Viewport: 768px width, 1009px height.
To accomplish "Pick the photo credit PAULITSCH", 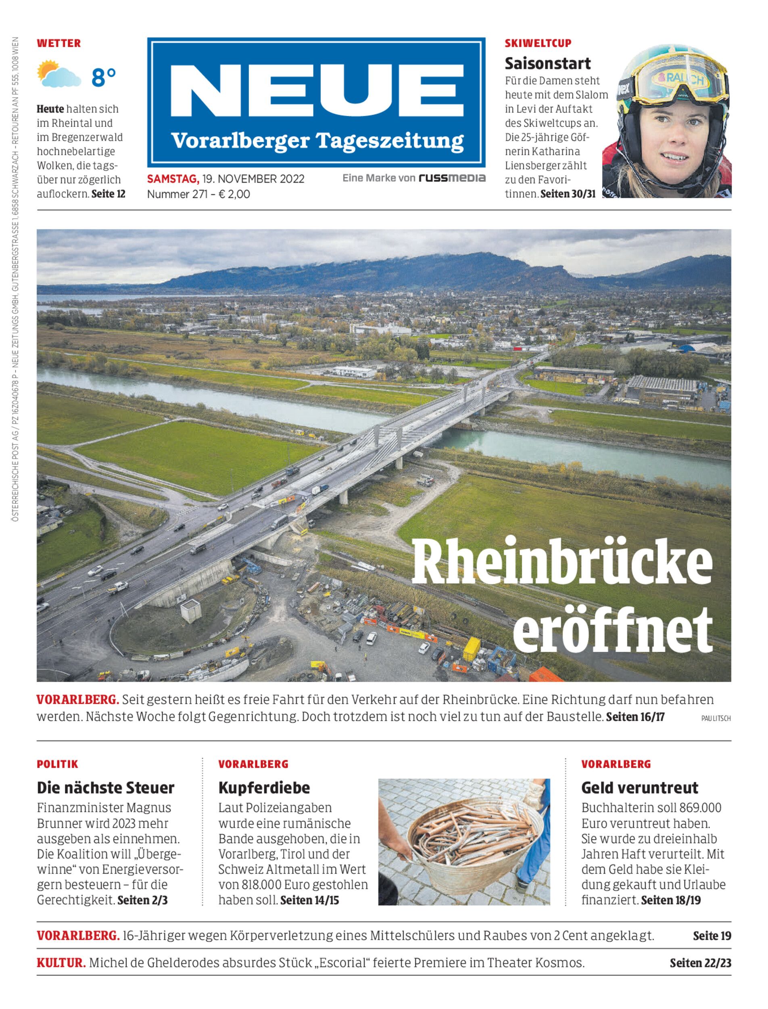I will [x=716, y=718].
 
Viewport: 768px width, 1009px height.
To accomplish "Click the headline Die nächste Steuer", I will [x=106, y=787].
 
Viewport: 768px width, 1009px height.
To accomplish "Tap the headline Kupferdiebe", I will [x=264, y=787].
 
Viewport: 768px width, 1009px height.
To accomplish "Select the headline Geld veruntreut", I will [x=640, y=787].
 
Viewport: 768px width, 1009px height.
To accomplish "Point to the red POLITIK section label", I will [x=58, y=764].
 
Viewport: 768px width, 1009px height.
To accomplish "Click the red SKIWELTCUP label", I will [x=538, y=44].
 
